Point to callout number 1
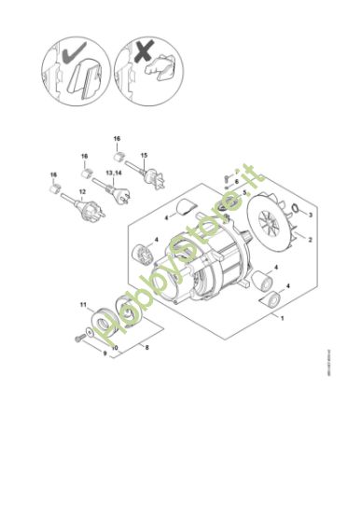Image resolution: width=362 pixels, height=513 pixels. (x=283, y=318)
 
